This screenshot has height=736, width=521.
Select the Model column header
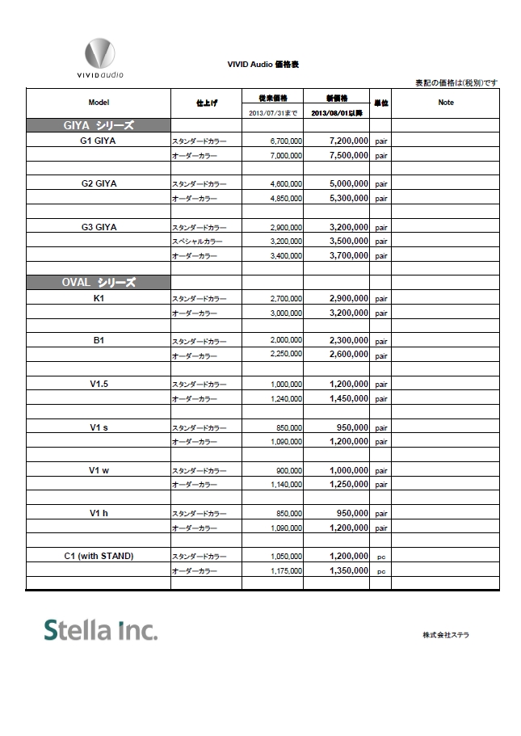pyautogui.click(x=99, y=103)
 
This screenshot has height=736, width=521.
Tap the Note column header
pyautogui.click(x=445, y=103)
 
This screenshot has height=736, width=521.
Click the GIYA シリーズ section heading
pyautogui.click(x=98, y=125)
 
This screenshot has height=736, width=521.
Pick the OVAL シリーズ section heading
pyautogui.click(x=98, y=283)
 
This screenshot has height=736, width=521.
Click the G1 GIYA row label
pyautogui.click(x=99, y=141)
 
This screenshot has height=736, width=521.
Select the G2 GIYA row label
pyautogui.click(x=99, y=183)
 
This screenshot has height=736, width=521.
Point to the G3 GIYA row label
pyautogui.click(x=99, y=227)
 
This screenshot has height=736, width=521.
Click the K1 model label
pyautogui.click(x=99, y=298)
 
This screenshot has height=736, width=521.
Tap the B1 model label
pyautogui.click(x=99, y=341)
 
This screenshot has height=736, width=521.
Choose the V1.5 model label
pyautogui.click(x=99, y=384)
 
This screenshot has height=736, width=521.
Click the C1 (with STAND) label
pyautogui.click(x=99, y=556)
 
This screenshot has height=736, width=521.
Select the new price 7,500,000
pyautogui.click(x=349, y=155)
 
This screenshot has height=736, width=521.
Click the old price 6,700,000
pyautogui.click(x=287, y=141)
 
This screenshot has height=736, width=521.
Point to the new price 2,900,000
pyautogui.click(x=349, y=298)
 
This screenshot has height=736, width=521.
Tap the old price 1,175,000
pyautogui.click(x=287, y=570)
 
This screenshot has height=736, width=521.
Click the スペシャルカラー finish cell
pyautogui.click(x=197, y=242)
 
